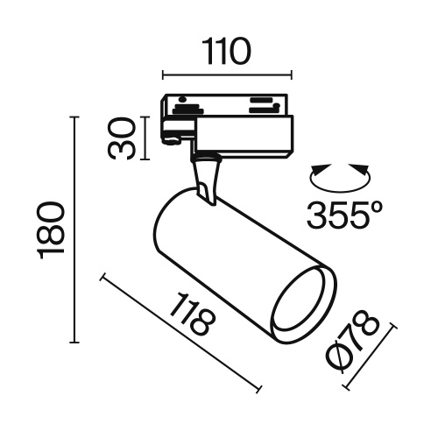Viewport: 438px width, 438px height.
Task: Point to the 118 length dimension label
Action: [x=193, y=316]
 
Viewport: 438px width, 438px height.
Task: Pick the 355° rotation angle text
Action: [x=345, y=214]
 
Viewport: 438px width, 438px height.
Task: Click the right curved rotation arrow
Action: [x=362, y=175]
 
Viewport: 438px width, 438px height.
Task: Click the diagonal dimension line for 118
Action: [x=181, y=334]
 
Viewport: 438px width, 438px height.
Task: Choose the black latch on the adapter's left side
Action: [x=173, y=136]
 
